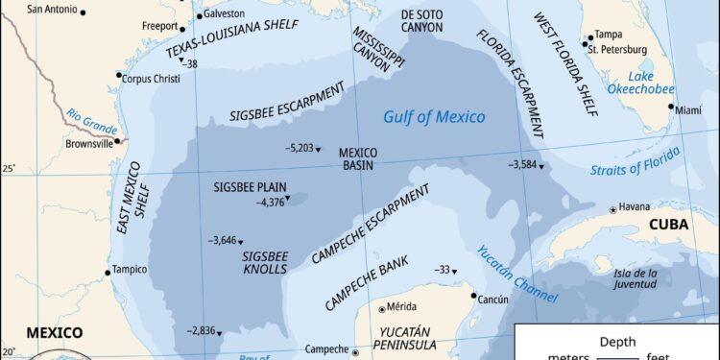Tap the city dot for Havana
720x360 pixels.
pos(613,209)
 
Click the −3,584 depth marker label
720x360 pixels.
pos(522,164)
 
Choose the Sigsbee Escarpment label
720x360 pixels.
pos(287,102)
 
